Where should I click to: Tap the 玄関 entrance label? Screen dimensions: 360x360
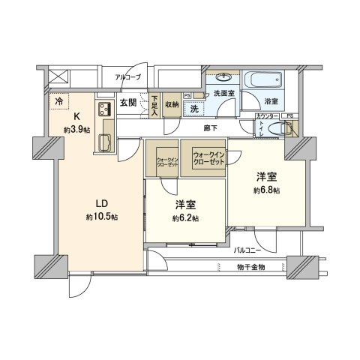tap(127, 103)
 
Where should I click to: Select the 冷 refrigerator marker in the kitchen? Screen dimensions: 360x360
tap(58, 98)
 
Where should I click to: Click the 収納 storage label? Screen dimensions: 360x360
tap(172, 104)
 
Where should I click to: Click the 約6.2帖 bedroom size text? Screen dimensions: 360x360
tap(185, 218)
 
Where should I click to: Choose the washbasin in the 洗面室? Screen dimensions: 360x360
tap(223, 77)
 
